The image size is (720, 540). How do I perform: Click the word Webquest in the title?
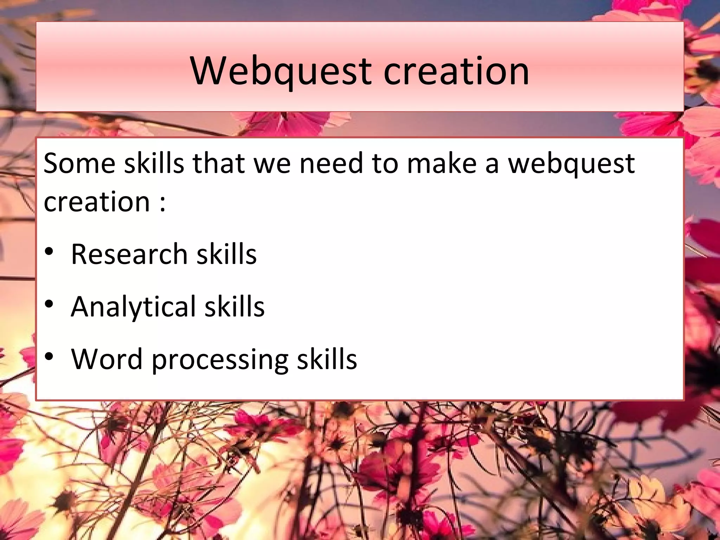click(281, 71)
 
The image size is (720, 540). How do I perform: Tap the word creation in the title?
click(456, 71)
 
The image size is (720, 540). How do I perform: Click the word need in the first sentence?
click(331, 163)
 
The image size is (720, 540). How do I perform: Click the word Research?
click(129, 254)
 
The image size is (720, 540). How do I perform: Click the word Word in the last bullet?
click(107, 359)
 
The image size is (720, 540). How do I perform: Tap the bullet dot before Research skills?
click(49, 251)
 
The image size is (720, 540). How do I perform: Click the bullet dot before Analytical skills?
click(49, 304)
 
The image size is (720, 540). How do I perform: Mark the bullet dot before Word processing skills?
click(49, 356)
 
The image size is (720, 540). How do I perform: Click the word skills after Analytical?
click(234, 307)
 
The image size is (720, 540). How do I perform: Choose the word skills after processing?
click(327, 359)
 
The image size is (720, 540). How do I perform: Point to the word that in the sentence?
click(219, 163)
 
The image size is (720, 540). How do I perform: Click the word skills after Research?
click(226, 254)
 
